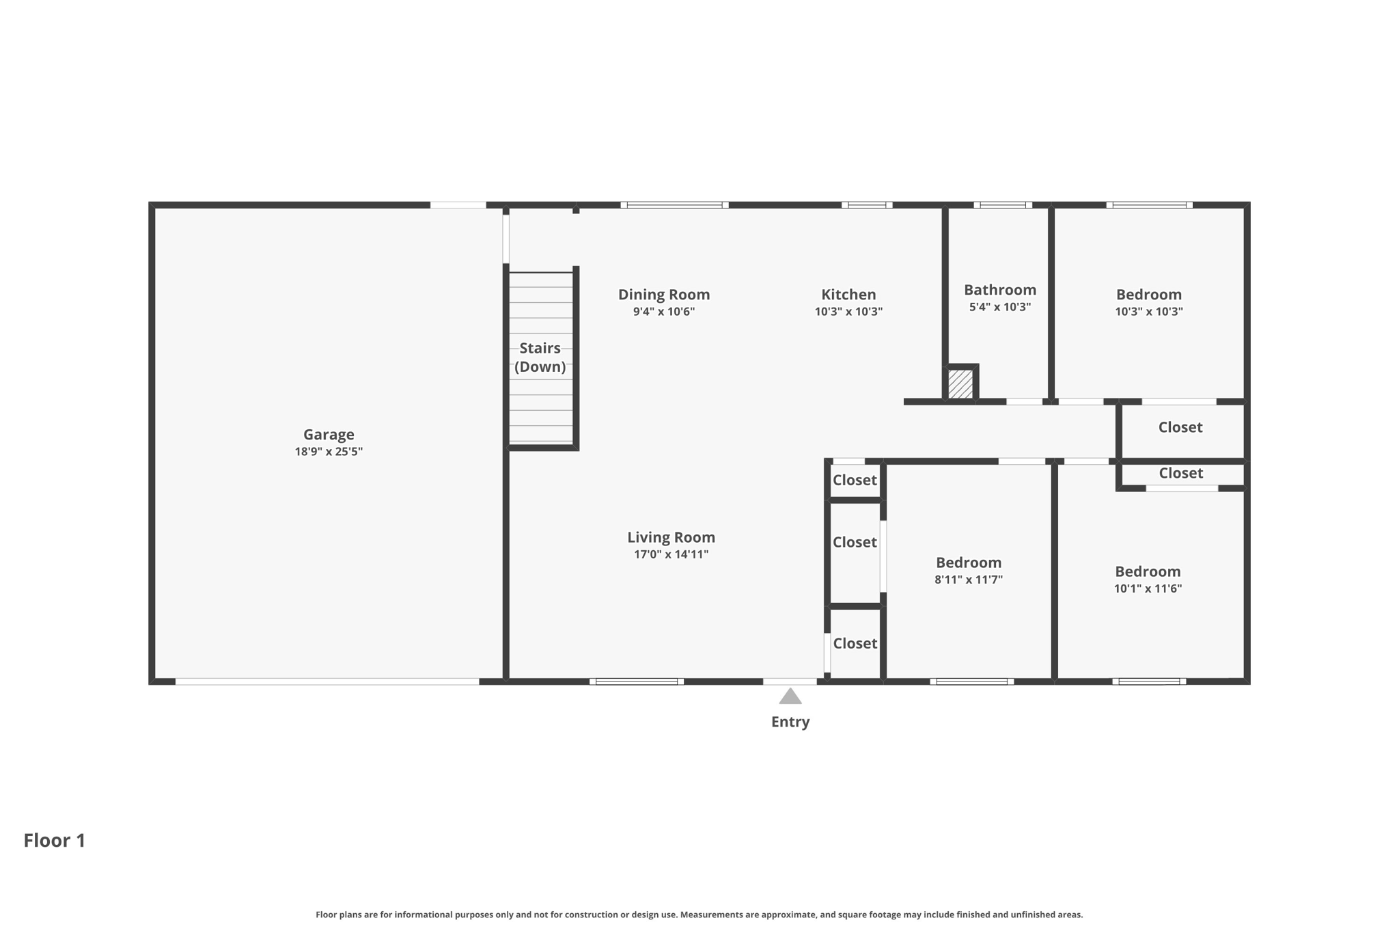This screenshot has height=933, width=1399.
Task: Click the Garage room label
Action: [x=329, y=435]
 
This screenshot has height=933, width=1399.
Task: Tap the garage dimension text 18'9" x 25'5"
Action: [x=329, y=452]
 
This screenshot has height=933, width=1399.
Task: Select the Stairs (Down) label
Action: [x=540, y=357]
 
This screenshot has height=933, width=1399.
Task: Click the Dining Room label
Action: [x=664, y=295]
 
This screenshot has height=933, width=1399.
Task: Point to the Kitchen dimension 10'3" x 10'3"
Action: [x=848, y=312]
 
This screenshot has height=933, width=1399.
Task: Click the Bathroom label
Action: [x=1000, y=290]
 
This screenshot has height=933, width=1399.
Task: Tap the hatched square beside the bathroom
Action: [x=960, y=384]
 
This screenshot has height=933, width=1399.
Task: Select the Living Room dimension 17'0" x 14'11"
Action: [x=671, y=554]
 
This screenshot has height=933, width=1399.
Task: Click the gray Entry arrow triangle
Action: [x=790, y=697]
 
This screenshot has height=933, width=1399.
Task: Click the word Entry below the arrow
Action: [x=790, y=722]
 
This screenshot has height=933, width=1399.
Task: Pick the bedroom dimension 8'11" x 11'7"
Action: [x=969, y=580]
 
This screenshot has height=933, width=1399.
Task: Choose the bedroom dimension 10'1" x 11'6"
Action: [x=1148, y=589]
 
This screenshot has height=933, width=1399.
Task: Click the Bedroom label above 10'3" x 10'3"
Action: [x=1149, y=295]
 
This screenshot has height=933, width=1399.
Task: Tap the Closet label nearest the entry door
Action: [x=855, y=643]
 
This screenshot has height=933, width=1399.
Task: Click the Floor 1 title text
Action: [x=55, y=840]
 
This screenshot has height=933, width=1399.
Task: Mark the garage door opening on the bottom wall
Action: [x=327, y=681]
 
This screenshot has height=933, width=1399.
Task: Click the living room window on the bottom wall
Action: [x=637, y=681]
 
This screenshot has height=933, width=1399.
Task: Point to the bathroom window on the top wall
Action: [x=1003, y=205]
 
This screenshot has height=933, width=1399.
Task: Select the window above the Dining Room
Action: [x=674, y=205]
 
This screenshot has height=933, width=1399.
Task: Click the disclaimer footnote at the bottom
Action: [x=699, y=915]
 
